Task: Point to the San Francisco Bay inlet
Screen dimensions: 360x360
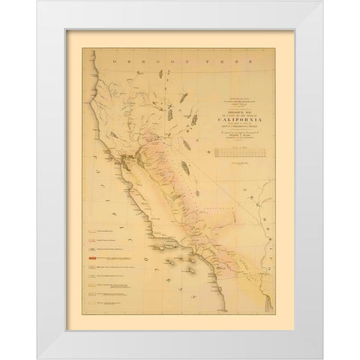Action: [x=120, y=161]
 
